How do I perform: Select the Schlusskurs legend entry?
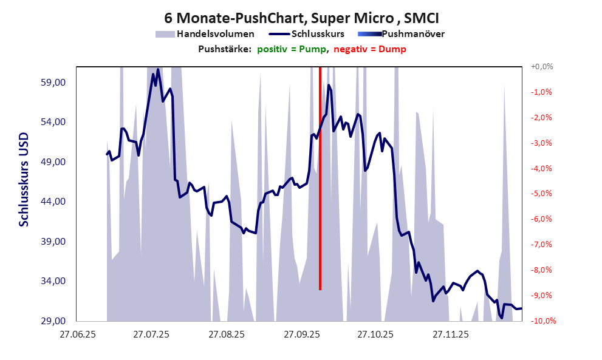(318, 34)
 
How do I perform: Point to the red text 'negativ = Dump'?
(369, 49)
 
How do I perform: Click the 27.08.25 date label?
(226, 334)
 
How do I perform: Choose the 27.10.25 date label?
(375, 334)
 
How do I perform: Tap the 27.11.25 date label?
(450, 334)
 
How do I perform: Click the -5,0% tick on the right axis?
(541, 194)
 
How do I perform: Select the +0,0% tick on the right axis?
(541, 67)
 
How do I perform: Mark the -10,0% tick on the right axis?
(540, 321)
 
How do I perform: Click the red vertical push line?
(320, 182)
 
